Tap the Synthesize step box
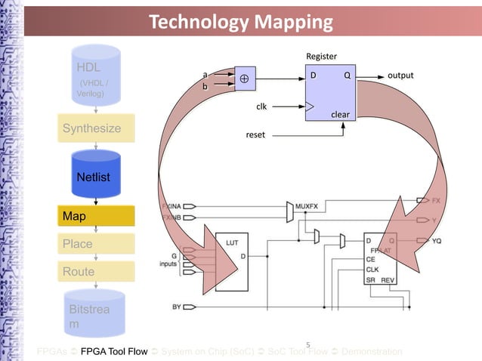(x=96, y=128)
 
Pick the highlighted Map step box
(x=96, y=217)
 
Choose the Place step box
(x=96, y=244)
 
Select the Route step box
(x=96, y=271)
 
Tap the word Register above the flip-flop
(x=321, y=57)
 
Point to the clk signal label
(x=261, y=106)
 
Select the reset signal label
(x=256, y=135)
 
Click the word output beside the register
(x=400, y=76)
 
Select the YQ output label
(x=437, y=241)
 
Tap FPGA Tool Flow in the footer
(x=114, y=352)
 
